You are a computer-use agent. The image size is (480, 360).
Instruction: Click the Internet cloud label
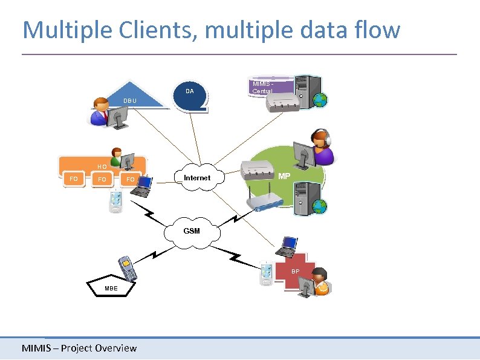click(197, 178)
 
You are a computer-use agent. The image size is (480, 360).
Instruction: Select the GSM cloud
click(192, 231)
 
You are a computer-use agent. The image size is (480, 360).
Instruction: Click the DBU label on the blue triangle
click(130, 100)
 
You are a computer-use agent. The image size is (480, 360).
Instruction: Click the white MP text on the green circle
click(284, 176)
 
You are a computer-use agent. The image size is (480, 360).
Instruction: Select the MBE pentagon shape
click(111, 287)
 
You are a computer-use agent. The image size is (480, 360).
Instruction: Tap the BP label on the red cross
click(295, 271)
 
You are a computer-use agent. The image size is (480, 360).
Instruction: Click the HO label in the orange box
click(102, 166)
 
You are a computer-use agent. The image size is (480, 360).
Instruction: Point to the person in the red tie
click(100, 112)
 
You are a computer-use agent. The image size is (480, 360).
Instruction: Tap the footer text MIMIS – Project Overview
click(79, 348)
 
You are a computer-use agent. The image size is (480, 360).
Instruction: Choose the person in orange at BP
click(319, 282)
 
